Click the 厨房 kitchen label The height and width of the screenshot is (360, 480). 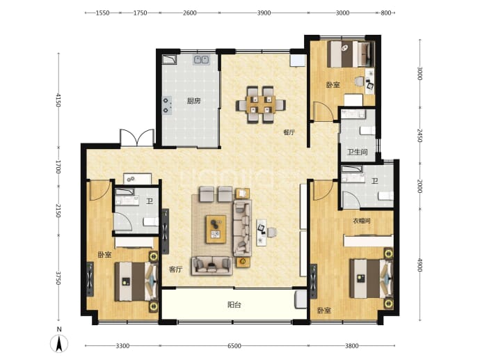pyautogui.click(x=194, y=101)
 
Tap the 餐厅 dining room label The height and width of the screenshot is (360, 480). pyautogui.click(x=289, y=132)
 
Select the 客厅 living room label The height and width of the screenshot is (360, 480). pyautogui.click(x=176, y=269)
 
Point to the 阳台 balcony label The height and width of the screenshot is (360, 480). pyautogui.click(x=234, y=305)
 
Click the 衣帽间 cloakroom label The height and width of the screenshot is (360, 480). pyautogui.click(x=362, y=221)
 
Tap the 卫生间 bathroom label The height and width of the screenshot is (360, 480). pyautogui.click(x=358, y=152)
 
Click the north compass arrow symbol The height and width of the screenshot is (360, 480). pyautogui.click(x=59, y=343)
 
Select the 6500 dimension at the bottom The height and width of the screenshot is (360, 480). pyautogui.click(x=234, y=346)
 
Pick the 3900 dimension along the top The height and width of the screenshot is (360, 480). pyautogui.click(x=264, y=13)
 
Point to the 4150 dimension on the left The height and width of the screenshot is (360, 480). pyautogui.click(x=58, y=101)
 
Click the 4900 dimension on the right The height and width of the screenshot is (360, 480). pyautogui.click(x=419, y=265)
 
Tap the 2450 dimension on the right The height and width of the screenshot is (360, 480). pyautogui.click(x=419, y=135)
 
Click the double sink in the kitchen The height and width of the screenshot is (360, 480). pyautogui.click(x=202, y=60)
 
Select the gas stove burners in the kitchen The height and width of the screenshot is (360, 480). pyautogui.click(x=166, y=105)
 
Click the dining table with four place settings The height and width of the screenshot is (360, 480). pyautogui.click(x=260, y=104)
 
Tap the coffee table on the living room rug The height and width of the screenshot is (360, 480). pyautogui.click(x=216, y=229)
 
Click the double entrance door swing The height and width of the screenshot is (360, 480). pyautogui.click(x=137, y=138)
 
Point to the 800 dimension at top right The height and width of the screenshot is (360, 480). pyautogui.click(x=386, y=13)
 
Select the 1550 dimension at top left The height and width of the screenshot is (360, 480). pyautogui.click(x=102, y=13)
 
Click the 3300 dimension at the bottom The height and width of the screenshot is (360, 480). pyautogui.click(x=122, y=346)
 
